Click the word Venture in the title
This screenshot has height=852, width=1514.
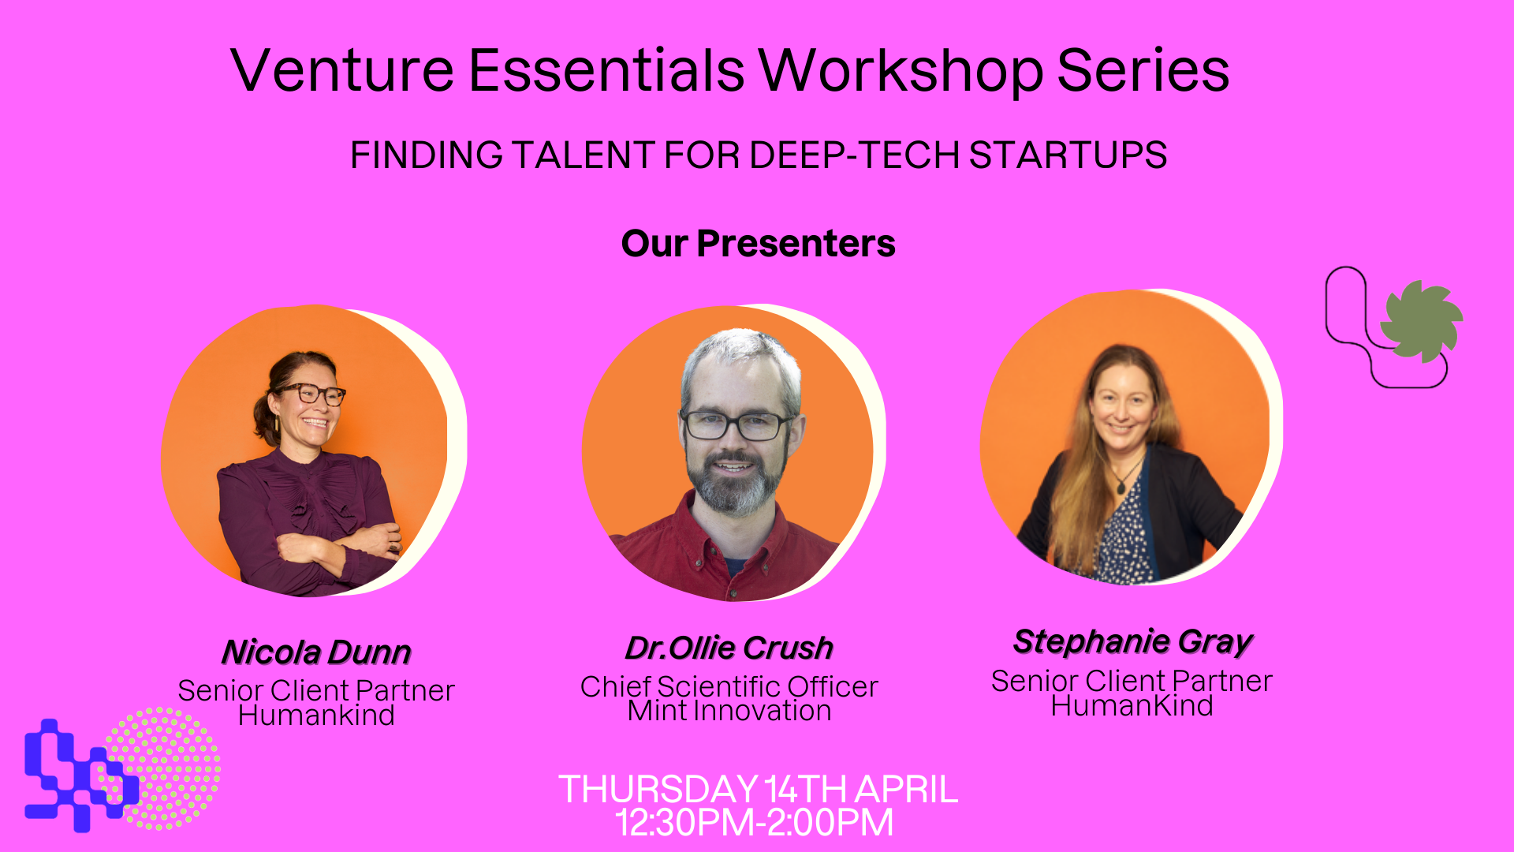[x=342, y=70]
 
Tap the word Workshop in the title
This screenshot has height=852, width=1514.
[x=901, y=71]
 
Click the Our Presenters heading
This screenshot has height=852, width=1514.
[x=758, y=243]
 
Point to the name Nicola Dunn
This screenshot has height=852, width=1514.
[x=316, y=652]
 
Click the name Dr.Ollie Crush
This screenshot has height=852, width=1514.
[x=729, y=648]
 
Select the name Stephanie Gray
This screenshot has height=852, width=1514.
[x=1133, y=642]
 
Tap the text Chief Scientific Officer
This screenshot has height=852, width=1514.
[x=729, y=686]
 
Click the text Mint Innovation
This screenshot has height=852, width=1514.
[x=729, y=711]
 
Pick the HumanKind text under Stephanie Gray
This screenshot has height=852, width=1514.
[x=1132, y=705]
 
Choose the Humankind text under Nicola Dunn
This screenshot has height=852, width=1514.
[x=316, y=715]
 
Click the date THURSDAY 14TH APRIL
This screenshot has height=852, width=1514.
[x=758, y=789]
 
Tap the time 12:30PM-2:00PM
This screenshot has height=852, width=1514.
[x=755, y=822]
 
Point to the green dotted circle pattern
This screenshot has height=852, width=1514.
[x=163, y=768]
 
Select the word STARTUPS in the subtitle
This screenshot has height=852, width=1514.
[x=1068, y=155]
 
